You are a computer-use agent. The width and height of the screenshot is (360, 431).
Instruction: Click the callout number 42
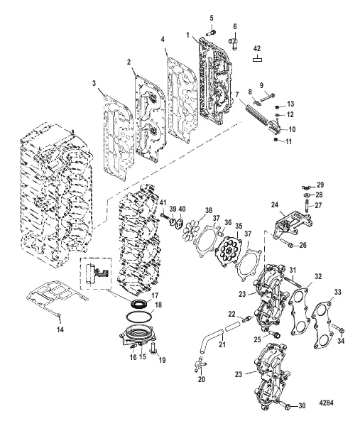click(x=257, y=49)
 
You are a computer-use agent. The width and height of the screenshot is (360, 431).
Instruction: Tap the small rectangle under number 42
click(x=257, y=60)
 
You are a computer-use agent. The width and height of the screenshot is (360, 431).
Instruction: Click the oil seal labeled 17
click(x=141, y=303)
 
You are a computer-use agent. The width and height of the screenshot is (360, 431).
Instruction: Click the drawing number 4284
click(x=326, y=403)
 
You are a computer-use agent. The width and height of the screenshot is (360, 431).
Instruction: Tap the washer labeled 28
click(x=307, y=195)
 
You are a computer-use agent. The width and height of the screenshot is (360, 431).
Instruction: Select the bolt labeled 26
click(x=287, y=243)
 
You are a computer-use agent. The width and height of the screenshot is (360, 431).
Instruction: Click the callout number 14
click(x=60, y=329)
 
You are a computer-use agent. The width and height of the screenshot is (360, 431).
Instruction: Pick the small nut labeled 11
click(x=276, y=141)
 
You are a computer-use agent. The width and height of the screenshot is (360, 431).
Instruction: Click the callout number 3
click(x=94, y=83)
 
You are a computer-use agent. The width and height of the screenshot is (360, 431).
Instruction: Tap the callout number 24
click(x=275, y=204)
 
